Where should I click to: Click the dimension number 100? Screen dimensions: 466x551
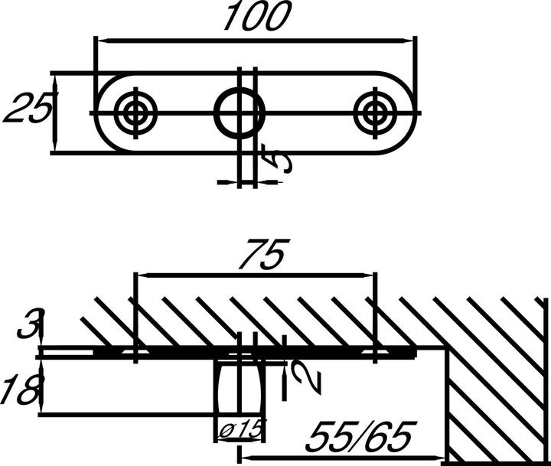point(257,17)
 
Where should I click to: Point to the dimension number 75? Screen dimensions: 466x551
point(263,254)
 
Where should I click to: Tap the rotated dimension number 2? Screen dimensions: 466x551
point(301,375)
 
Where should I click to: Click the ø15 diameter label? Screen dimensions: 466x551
point(239,431)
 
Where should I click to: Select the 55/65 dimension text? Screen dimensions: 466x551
point(359,438)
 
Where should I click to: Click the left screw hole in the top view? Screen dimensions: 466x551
point(135,113)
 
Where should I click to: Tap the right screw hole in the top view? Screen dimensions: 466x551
point(375,113)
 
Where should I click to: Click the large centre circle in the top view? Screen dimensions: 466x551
point(239,113)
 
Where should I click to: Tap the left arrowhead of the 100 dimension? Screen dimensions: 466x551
point(99,40)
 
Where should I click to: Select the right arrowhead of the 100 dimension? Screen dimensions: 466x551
point(412,40)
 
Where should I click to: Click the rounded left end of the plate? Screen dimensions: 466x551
point(107,113)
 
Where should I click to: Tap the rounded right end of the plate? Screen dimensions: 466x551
point(406,113)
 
